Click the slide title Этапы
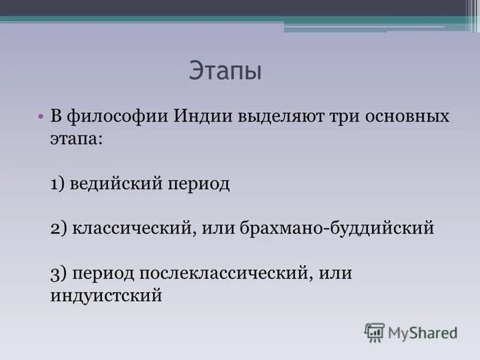[x=226, y=71]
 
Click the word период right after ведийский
[x=196, y=183]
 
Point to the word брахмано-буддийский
[x=336, y=229]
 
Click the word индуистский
[x=106, y=296]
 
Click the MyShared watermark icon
[x=374, y=332]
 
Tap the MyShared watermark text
[x=424, y=332]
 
